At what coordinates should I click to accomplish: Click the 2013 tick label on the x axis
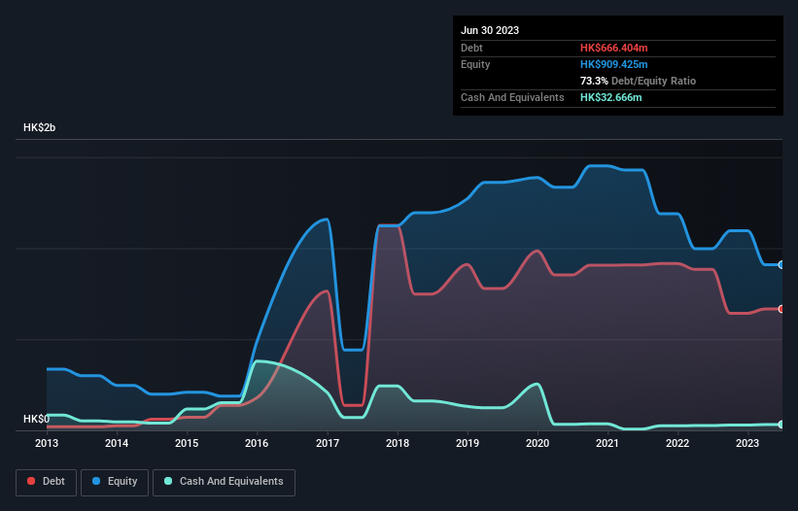coord(47,443)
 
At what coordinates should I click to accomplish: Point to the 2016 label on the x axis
coord(257,443)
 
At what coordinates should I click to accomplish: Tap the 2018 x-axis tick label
coord(397,443)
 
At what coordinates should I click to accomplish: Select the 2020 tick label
coord(538,443)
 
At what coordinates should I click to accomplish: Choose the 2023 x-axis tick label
coord(747,443)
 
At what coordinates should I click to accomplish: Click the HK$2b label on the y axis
coord(40,128)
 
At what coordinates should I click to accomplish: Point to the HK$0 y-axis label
coord(36,419)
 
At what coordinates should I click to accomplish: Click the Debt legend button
coord(45,481)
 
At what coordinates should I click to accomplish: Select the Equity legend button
coord(115,481)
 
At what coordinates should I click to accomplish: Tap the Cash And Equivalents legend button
coord(224,481)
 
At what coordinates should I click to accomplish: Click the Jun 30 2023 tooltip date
coord(490,30)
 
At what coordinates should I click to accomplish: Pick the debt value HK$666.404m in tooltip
coord(613,48)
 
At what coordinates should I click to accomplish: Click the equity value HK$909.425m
coord(613,64)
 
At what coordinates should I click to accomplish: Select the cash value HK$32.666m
coord(610,97)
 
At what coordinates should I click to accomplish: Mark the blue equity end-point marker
coord(781,264)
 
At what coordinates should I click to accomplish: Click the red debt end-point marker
coord(781,309)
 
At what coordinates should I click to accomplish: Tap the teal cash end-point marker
coord(781,425)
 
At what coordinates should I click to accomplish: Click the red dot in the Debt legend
coord(32,481)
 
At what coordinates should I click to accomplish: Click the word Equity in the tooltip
coord(476,64)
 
